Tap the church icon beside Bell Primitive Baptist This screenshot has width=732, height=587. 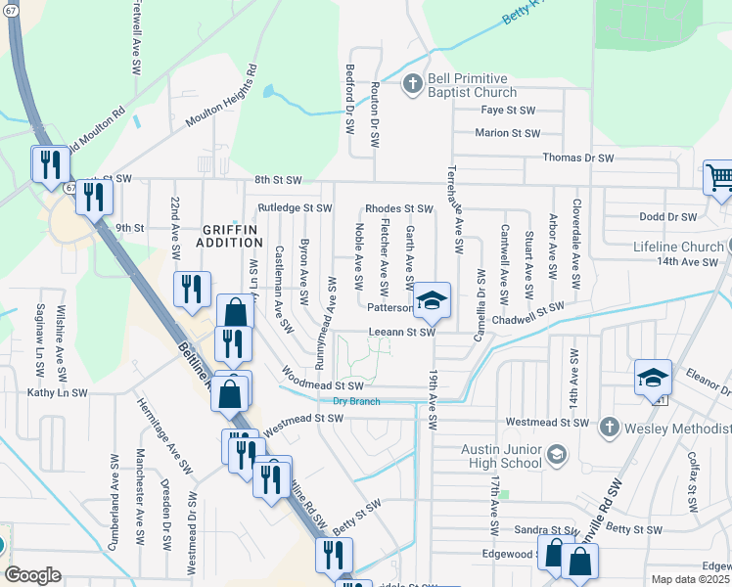(412, 84)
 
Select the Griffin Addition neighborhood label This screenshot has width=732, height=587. (231, 238)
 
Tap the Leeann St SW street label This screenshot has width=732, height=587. (401, 332)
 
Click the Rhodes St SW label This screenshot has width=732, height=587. (398, 208)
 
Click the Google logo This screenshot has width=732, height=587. (32, 574)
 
